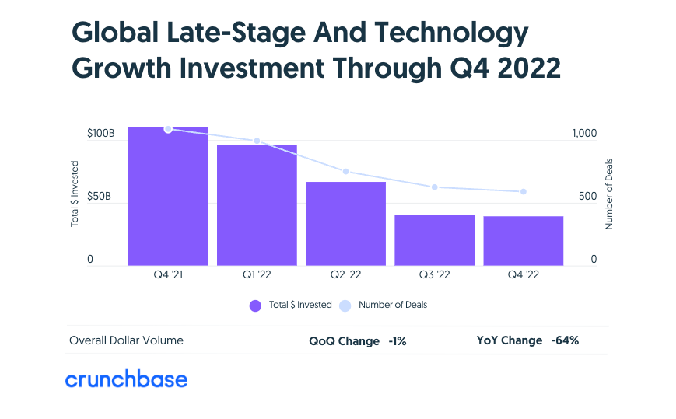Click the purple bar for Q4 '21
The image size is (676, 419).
coord(168,196)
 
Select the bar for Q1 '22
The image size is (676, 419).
coord(257,205)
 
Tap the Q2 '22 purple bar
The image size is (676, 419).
coord(345,223)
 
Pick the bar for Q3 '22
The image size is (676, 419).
coord(434,239)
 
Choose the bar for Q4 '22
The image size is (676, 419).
coord(523,240)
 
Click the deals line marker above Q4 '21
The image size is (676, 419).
coord(168,129)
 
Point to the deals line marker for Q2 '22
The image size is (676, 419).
coord(345,172)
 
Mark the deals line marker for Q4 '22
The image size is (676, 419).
coord(523,192)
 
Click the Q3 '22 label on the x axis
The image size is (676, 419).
coord(434,275)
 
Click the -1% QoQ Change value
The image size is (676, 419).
coord(398,341)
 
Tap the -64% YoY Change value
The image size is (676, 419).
coord(565,341)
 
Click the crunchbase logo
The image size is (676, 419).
coord(126,379)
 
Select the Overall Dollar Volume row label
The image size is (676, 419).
coord(126,341)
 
